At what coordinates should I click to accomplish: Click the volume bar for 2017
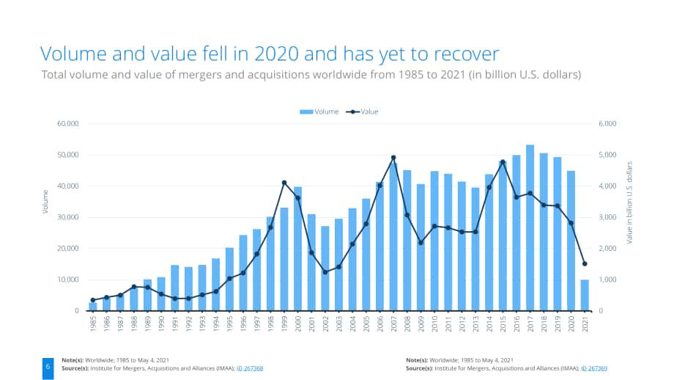click(530, 227)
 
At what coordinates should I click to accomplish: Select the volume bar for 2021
click(585, 295)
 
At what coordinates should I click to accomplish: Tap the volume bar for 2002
click(325, 268)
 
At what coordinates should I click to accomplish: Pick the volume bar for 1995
click(229, 279)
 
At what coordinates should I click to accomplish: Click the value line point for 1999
click(284, 183)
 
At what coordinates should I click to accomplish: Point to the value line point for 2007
click(393, 158)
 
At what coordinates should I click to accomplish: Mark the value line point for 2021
click(585, 264)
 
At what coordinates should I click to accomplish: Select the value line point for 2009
click(421, 243)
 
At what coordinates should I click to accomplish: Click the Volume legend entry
click(319, 112)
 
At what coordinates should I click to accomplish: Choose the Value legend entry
click(363, 112)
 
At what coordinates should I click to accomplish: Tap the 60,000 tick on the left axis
click(68, 124)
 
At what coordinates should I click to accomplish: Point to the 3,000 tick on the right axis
click(607, 217)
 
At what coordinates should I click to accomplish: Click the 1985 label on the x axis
click(93, 324)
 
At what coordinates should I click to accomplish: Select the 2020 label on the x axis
click(571, 324)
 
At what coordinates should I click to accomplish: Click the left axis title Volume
click(45, 202)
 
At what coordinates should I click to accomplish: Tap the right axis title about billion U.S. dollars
click(630, 202)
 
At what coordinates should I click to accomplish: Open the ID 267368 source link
click(250, 368)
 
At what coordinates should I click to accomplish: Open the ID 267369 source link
click(594, 368)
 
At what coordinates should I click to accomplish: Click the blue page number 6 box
click(48, 368)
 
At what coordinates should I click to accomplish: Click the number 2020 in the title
click(276, 54)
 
